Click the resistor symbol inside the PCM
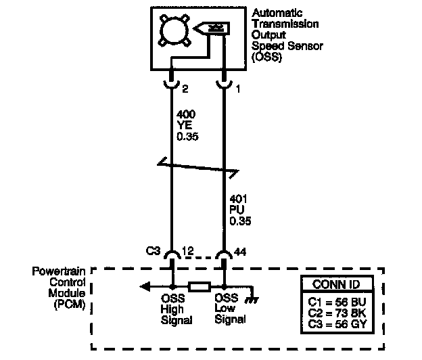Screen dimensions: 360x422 click(x=198, y=287)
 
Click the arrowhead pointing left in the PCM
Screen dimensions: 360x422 click(x=144, y=287)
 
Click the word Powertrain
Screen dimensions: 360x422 click(x=61, y=271)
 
